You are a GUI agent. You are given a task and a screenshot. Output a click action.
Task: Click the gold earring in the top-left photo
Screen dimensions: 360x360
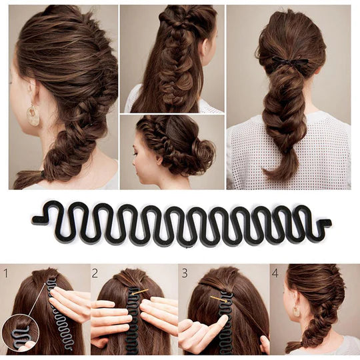[x=33, y=115]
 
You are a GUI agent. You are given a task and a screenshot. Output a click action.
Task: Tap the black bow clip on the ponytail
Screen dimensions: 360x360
[x=290, y=62]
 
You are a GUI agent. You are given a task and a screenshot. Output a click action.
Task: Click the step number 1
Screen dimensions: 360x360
[x=5, y=273]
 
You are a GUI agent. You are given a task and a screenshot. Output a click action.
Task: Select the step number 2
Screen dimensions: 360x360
[x=95, y=273]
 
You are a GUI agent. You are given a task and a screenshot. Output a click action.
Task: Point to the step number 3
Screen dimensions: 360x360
[x=185, y=273]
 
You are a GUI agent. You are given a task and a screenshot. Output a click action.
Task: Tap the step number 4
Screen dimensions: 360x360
[x=275, y=273]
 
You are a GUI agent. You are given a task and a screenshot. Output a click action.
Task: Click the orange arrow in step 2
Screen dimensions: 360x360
[x=139, y=292]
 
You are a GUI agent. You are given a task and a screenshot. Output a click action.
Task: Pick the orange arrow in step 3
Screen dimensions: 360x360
[x=219, y=299]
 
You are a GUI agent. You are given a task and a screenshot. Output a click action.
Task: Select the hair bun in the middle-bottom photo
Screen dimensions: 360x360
[x=203, y=151]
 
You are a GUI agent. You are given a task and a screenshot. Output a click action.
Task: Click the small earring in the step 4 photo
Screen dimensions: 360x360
[x=296, y=311]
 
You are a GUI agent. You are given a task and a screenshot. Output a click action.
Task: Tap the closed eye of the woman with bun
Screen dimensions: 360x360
[x=135, y=153]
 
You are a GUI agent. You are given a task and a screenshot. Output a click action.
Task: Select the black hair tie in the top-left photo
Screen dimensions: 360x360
[x=43, y=174]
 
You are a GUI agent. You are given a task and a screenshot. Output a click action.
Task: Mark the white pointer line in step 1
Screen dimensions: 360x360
[x=37, y=299]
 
